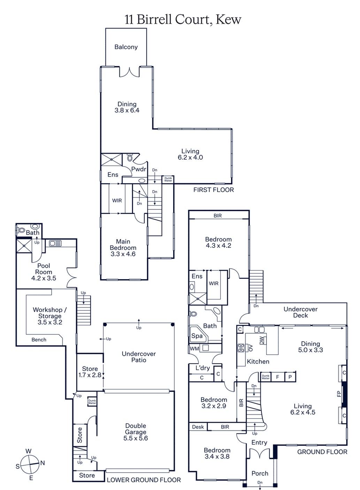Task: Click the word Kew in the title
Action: tap(229, 20)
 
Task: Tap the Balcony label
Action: tap(126, 47)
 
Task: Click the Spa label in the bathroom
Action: tap(197, 336)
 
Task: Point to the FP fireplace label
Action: tap(339, 394)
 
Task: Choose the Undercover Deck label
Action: tap(300, 312)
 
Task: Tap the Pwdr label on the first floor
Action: tap(139, 169)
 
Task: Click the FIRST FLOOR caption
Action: tap(214, 190)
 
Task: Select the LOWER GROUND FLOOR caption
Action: tap(144, 480)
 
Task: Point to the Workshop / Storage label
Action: tap(50, 313)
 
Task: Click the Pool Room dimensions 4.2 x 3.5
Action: tap(44, 278)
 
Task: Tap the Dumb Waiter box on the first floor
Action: tap(168, 179)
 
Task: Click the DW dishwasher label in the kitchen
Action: tap(262, 341)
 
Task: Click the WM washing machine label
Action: tap(194, 349)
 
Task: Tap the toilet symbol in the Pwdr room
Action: tap(130, 158)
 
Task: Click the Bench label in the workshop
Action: tap(39, 340)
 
